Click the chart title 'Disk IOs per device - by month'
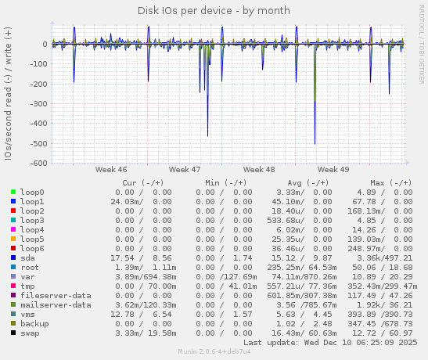point(214,11)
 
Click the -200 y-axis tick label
point(35,84)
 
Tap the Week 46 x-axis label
point(110,169)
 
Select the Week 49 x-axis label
point(333,169)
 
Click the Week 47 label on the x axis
point(185,169)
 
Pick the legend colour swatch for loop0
point(13,192)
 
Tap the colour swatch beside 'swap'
point(13,333)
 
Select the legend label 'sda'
point(28,257)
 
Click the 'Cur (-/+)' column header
point(142,182)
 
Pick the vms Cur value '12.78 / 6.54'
point(142,314)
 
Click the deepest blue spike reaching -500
point(315,142)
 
